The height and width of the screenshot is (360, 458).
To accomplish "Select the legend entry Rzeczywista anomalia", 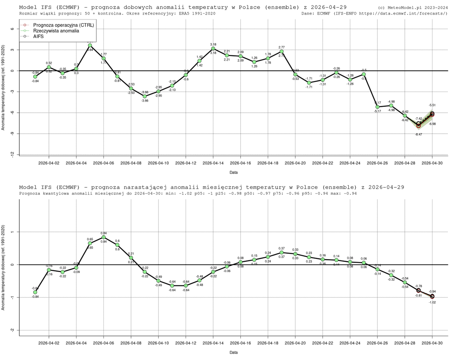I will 56,31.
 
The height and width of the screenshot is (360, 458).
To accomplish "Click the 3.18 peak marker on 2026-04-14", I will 213,48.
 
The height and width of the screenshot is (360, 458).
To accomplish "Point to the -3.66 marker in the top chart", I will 145,96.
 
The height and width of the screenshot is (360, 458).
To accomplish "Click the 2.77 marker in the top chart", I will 282,51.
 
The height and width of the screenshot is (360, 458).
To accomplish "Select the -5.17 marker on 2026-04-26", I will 377,107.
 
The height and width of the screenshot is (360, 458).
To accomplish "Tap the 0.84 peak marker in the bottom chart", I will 103,237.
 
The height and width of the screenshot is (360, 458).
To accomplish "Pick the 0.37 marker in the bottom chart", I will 282,252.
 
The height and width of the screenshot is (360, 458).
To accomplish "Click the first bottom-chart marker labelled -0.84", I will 35,292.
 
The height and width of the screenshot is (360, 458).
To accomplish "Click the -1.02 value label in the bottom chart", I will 432,302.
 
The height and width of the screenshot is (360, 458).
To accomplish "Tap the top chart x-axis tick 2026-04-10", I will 158,163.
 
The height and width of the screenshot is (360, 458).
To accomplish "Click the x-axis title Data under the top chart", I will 234,172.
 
